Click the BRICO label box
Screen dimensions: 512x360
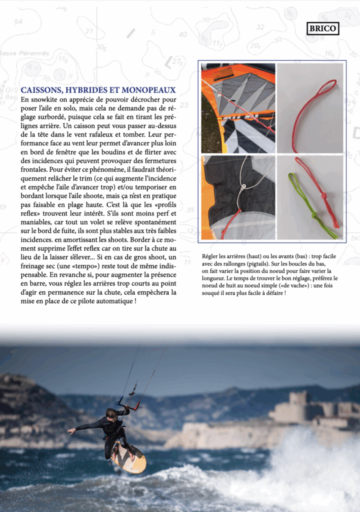[323, 28]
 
